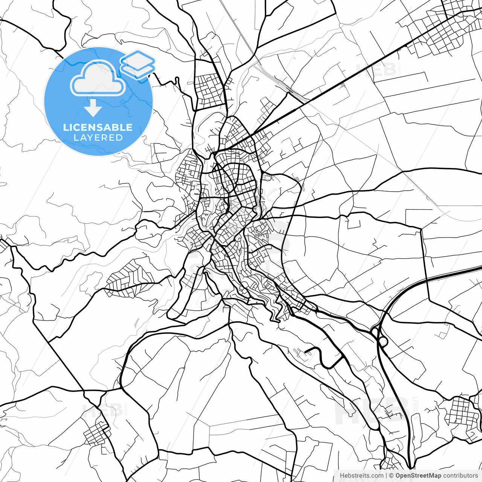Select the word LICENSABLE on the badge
[x=98, y=127]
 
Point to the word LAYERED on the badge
[x=98, y=138]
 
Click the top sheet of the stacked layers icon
[x=138, y=59]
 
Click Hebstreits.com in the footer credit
[x=361, y=476]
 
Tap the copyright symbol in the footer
[x=391, y=476]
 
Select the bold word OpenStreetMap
[x=418, y=476]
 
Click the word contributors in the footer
[x=460, y=476]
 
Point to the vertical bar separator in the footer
[x=387, y=476]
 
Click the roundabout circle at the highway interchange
[x=383, y=341]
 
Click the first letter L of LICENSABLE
[x=66, y=127]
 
